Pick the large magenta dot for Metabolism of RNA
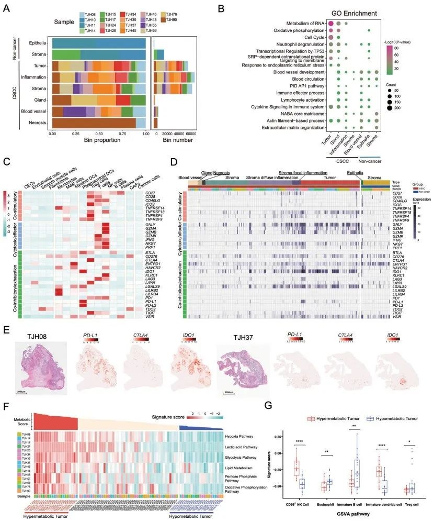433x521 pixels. click(x=330, y=23)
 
